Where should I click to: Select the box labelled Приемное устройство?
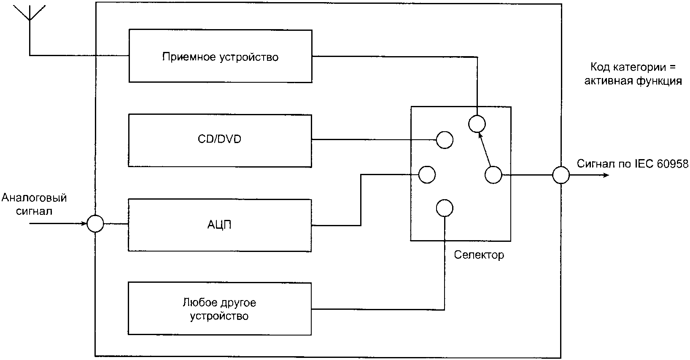coord(220,56)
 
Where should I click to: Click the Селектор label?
coord(479,255)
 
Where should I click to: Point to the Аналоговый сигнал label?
coord(34,204)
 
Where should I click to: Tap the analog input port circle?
coord(95,224)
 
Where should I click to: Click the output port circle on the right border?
coord(561,175)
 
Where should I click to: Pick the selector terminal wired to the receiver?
coord(477,124)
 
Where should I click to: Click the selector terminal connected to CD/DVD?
coord(445,140)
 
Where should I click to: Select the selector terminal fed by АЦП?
coord(427,175)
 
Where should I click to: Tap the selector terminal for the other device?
coord(445,208)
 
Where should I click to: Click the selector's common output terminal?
coord(493,175)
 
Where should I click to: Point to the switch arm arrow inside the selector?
coord(485,149)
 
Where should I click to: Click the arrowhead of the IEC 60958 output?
coord(606,175)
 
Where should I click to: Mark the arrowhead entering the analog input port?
coord(84,224)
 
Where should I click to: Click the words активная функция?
coord(633,81)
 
